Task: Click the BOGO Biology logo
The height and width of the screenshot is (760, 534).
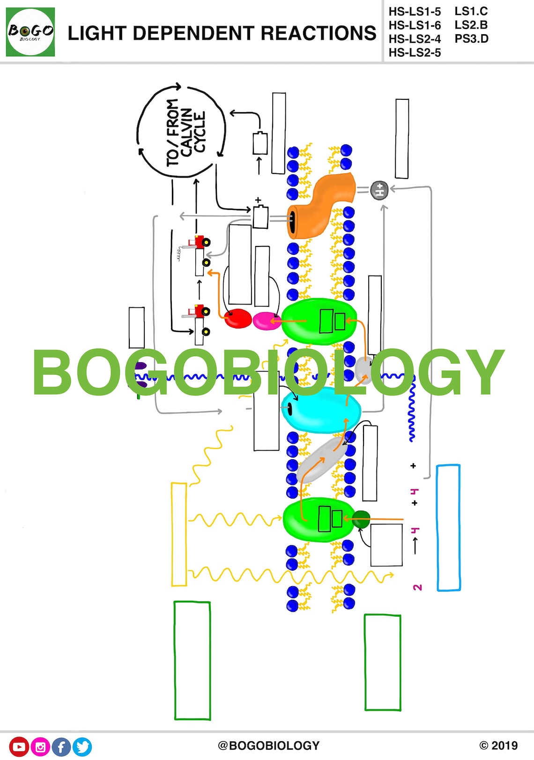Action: [x=30, y=32]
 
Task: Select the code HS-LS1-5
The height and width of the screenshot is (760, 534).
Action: [x=415, y=11]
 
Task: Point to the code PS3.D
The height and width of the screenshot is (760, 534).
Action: [x=471, y=39]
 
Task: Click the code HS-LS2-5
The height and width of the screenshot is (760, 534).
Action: [x=415, y=52]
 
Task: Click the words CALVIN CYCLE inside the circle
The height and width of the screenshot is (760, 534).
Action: [x=193, y=132]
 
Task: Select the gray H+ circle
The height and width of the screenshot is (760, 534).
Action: [x=379, y=190]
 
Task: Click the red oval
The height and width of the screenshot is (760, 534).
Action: [x=238, y=319]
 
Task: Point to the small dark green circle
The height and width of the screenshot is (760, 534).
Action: [x=361, y=519]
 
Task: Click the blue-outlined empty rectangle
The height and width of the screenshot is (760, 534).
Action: [x=448, y=528]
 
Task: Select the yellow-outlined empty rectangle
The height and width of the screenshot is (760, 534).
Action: [x=179, y=534]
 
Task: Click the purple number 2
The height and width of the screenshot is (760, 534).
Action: [x=417, y=587]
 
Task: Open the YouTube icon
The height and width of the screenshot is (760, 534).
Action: [x=19, y=746]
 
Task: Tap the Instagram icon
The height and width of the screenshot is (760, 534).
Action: [x=40, y=747]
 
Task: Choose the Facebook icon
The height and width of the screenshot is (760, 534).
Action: [x=61, y=747]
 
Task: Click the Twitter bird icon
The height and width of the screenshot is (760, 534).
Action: [x=82, y=747]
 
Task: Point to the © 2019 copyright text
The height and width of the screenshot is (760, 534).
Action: [x=498, y=745]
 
